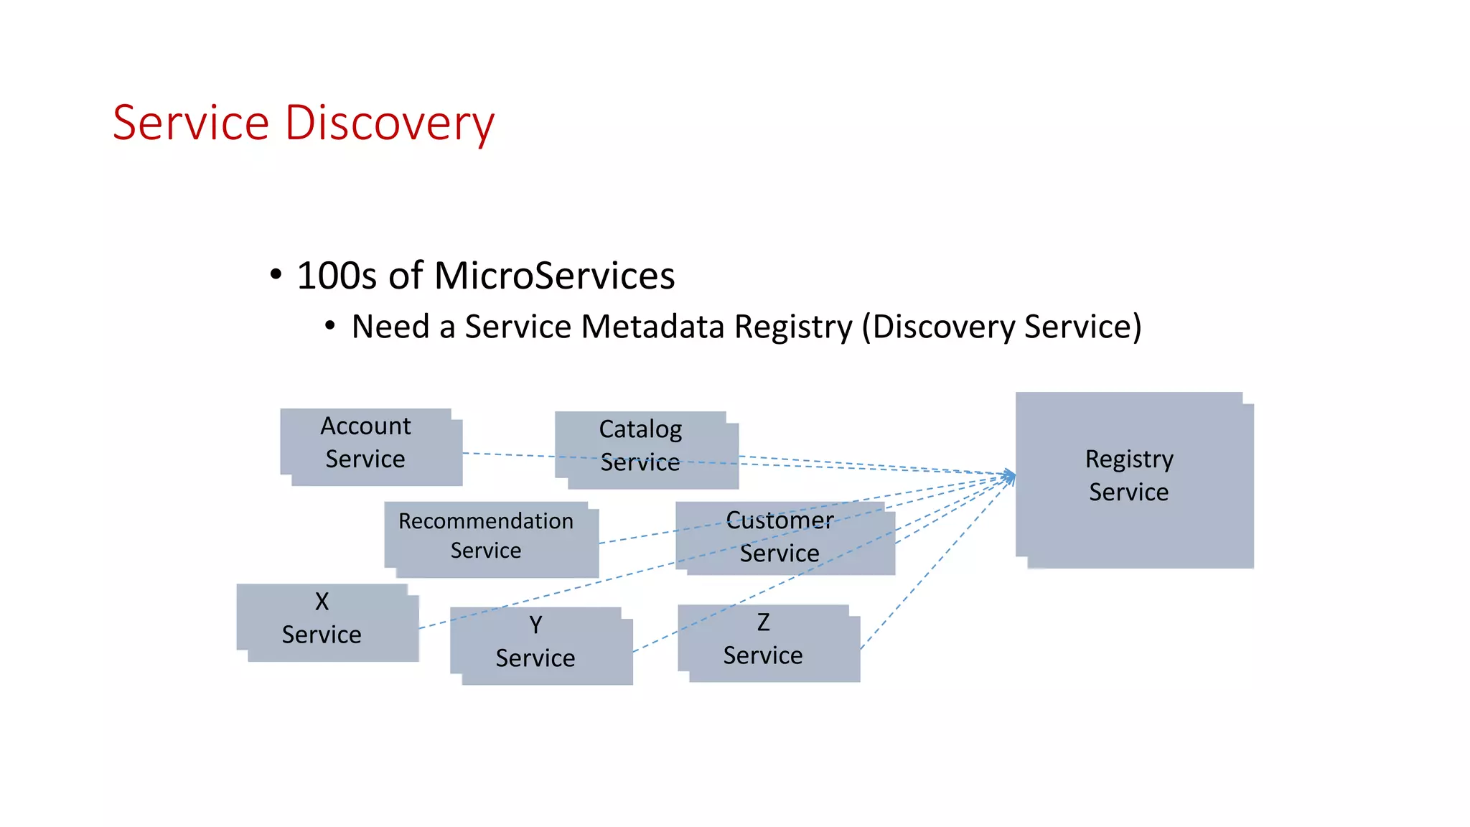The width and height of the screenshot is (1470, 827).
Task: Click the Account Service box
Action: pos(370,447)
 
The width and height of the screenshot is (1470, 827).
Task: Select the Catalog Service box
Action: pos(646,449)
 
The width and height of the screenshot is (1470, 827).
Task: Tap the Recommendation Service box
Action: pos(491,539)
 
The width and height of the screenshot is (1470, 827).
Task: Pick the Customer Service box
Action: pos(785,538)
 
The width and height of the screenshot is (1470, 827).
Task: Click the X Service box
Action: pos(327,622)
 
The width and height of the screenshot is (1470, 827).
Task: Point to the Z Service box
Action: pos(768,643)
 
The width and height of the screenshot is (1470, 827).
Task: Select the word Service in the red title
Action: pos(191,123)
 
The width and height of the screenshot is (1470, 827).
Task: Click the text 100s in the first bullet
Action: pos(337,276)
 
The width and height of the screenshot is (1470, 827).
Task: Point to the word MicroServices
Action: pos(554,276)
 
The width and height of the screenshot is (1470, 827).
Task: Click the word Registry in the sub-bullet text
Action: pos(792,327)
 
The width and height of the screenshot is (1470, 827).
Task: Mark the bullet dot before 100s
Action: pos(276,275)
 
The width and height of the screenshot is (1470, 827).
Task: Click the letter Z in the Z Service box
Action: pos(763,622)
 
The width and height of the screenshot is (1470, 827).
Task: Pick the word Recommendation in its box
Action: pos(486,521)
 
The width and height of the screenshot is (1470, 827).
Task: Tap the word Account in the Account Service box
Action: pos(365,426)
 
